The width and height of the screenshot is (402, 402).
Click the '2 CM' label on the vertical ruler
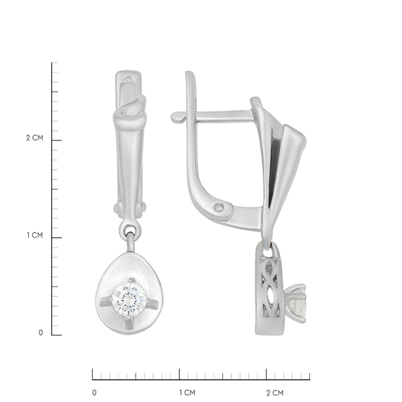tap(35, 138)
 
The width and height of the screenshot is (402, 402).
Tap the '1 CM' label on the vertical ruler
tap(35, 235)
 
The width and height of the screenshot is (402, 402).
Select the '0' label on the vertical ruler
tap(41, 333)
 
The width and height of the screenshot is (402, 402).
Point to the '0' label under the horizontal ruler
tap(95, 393)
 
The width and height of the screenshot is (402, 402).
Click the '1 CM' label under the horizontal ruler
tap(187, 393)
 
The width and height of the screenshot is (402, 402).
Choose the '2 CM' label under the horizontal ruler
tap(275, 393)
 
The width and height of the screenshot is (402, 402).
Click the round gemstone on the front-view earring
tap(129, 299)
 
